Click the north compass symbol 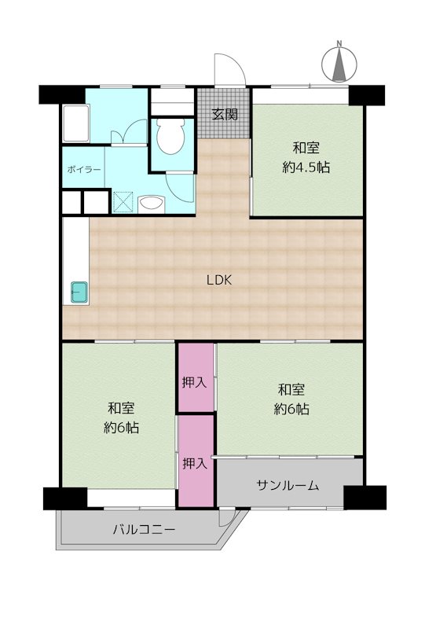click(339, 62)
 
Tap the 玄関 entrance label click(225, 114)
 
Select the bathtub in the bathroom click(75, 123)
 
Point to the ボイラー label click(84, 169)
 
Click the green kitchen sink click(79, 292)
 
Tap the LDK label click(219, 280)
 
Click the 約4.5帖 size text click(306, 167)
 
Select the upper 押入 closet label click(195, 383)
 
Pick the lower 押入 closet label click(195, 464)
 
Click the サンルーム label click(288, 485)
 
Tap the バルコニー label click(144, 529)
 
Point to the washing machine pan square click(124, 202)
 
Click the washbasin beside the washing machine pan click(151, 204)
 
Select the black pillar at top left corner click(62, 94)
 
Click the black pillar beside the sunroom click(365, 497)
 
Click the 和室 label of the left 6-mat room click(121, 408)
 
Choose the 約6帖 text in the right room click(291, 409)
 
